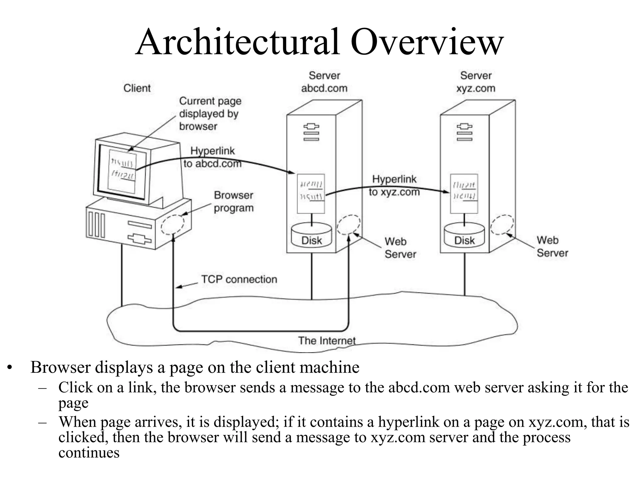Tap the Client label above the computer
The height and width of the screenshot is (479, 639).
[137, 88]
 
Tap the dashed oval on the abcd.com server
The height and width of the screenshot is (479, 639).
[349, 225]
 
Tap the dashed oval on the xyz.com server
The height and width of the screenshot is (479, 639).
[502, 225]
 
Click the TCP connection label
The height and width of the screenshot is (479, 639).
[239, 279]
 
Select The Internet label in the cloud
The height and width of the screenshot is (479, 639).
[327, 341]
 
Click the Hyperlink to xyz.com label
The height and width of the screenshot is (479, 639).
[394, 186]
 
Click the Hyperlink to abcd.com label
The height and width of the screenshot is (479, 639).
[212, 157]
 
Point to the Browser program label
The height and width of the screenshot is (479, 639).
[233, 201]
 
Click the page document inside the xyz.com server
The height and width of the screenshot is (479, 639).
[464, 194]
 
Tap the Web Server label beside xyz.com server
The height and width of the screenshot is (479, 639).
[552, 247]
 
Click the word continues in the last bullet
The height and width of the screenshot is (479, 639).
[89, 453]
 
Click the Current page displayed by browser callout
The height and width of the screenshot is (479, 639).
[210, 114]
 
